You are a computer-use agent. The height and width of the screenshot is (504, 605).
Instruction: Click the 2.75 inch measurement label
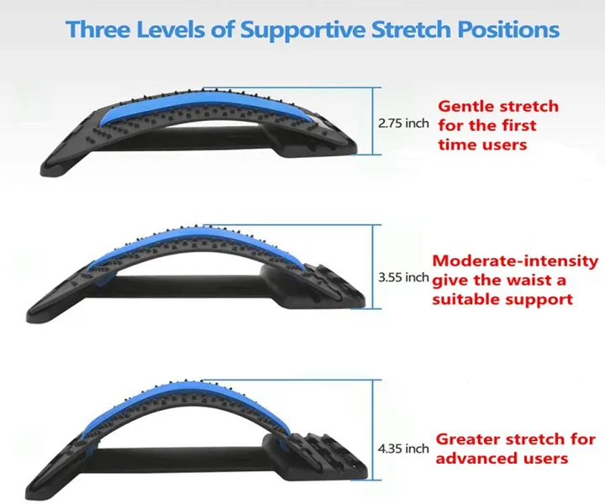coord(403,123)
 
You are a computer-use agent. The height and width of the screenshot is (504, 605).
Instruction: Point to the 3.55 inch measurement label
coord(404,276)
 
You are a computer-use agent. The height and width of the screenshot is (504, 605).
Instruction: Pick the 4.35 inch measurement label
coord(404,449)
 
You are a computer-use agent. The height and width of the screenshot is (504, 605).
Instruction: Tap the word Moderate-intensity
coord(515,260)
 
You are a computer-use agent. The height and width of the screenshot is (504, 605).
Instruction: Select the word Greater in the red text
coord(467,439)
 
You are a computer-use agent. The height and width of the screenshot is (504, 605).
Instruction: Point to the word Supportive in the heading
coord(302,29)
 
